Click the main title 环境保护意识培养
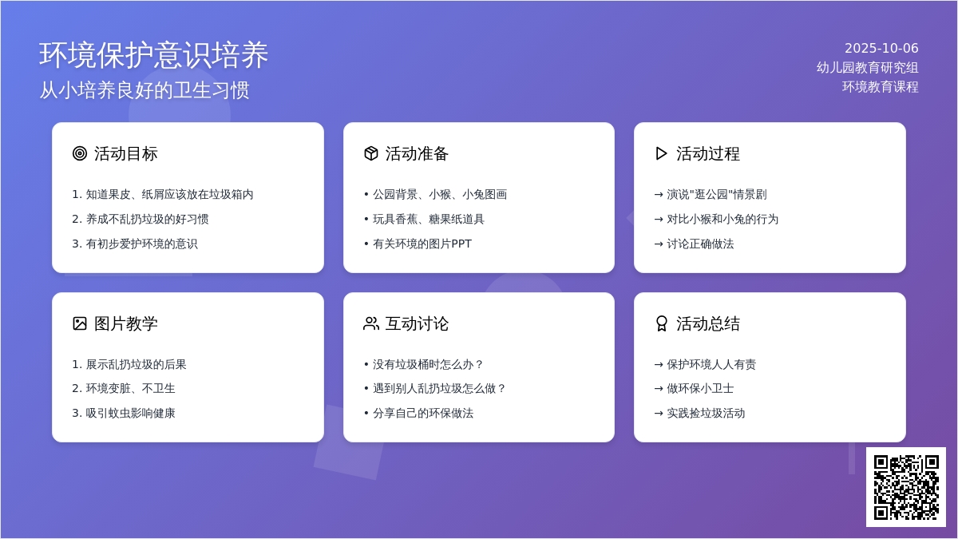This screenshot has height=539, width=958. (153, 55)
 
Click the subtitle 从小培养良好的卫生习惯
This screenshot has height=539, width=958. (144, 90)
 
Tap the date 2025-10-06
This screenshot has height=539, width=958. (881, 49)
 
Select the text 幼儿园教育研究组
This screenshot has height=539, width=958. (867, 68)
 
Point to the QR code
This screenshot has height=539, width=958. (906, 487)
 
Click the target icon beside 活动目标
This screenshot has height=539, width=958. (80, 153)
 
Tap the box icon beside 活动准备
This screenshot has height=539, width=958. (370, 153)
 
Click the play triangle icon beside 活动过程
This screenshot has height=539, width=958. (661, 153)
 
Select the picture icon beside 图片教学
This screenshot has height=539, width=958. (80, 323)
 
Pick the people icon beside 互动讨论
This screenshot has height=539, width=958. (370, 323)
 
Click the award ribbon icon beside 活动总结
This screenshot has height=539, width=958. (662, 323)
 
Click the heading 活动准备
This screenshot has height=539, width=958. (417, 153)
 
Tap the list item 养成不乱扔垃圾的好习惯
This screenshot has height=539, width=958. (147, 219)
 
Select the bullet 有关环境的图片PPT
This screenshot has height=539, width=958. (422, 244)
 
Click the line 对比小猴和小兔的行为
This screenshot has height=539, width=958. (722, 219)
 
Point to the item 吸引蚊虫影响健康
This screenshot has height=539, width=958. (130, 414)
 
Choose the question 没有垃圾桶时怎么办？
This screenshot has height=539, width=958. (428, 364)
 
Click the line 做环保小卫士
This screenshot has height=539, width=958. (700, 388)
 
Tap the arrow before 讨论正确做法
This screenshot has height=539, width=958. (659, 244)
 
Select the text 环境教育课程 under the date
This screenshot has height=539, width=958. (880, 87)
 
